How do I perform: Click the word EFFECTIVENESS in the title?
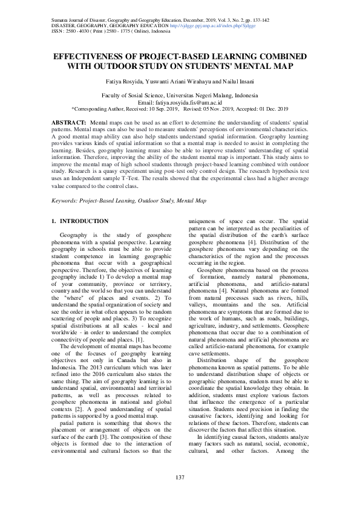click(x=86, y=56)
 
